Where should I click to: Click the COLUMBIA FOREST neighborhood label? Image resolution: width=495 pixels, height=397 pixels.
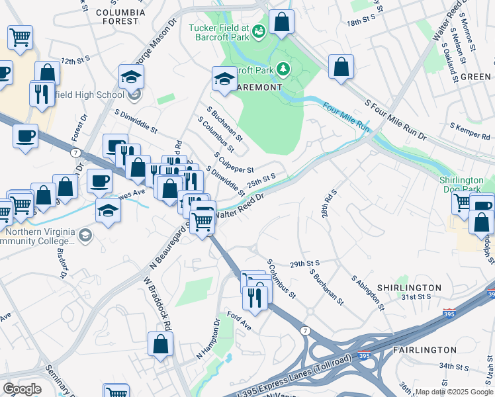coord(120,17)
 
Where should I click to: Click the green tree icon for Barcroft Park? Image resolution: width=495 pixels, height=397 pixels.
coord(283,68)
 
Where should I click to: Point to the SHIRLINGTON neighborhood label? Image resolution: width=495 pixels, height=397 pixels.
coord(408,288)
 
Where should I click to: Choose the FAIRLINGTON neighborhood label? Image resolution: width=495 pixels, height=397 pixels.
coord(424,349)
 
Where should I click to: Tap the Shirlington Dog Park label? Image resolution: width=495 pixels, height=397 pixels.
coord(465,184)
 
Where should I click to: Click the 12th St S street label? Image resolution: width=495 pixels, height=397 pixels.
coord(75,60)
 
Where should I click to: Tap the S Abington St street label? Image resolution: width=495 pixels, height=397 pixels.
coord(368,292)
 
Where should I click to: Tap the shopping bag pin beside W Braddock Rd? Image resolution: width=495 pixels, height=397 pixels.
coord(160,344)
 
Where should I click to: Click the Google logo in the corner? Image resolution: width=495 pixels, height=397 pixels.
coord(22,389)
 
